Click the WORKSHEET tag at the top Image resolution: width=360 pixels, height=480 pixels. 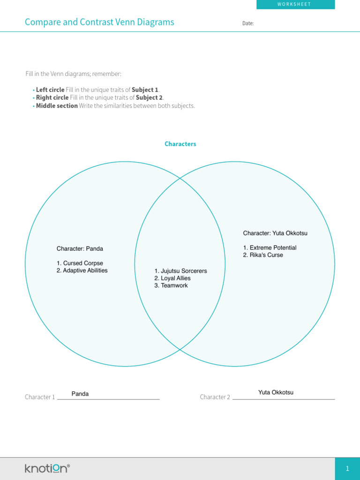click(x=295, y=4)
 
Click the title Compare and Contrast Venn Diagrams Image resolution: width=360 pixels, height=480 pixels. click(x=99, y=22)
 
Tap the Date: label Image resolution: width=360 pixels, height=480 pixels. click(x=248, y=23)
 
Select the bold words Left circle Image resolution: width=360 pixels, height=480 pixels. click(x=50, y=90)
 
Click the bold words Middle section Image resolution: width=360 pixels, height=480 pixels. click(x=57, y=105)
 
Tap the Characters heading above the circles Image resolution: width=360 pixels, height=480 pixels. click(x=180, y=144)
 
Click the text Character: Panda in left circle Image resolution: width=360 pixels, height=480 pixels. click(x=80, y=248)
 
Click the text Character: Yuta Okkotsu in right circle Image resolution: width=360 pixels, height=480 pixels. click(x=275, y=233)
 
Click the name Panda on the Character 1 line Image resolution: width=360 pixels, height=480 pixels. click(x=80, y=394)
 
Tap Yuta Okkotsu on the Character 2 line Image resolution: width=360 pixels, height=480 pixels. click(x=276, y=392)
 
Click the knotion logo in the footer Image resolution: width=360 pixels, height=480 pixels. click(x=47, y=468)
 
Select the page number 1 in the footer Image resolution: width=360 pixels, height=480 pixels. click(x=347, y=468)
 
